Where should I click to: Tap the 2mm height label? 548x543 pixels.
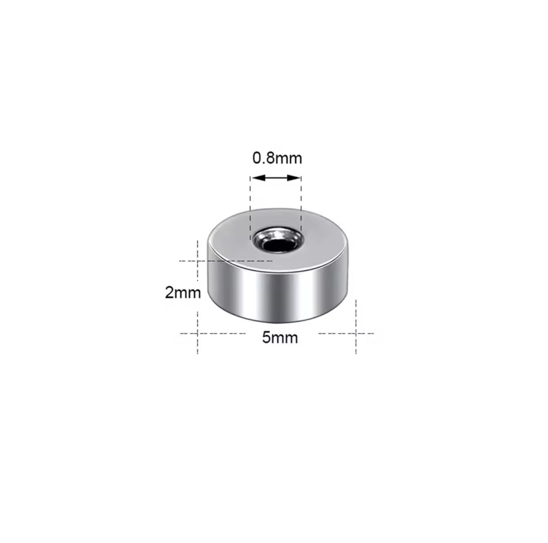point(183,292)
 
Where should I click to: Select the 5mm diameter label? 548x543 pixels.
point(280,338)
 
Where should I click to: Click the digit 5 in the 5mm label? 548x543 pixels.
point(266,338)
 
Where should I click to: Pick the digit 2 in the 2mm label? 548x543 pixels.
point(169,292)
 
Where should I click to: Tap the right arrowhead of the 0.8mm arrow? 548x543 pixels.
point(294,178)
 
